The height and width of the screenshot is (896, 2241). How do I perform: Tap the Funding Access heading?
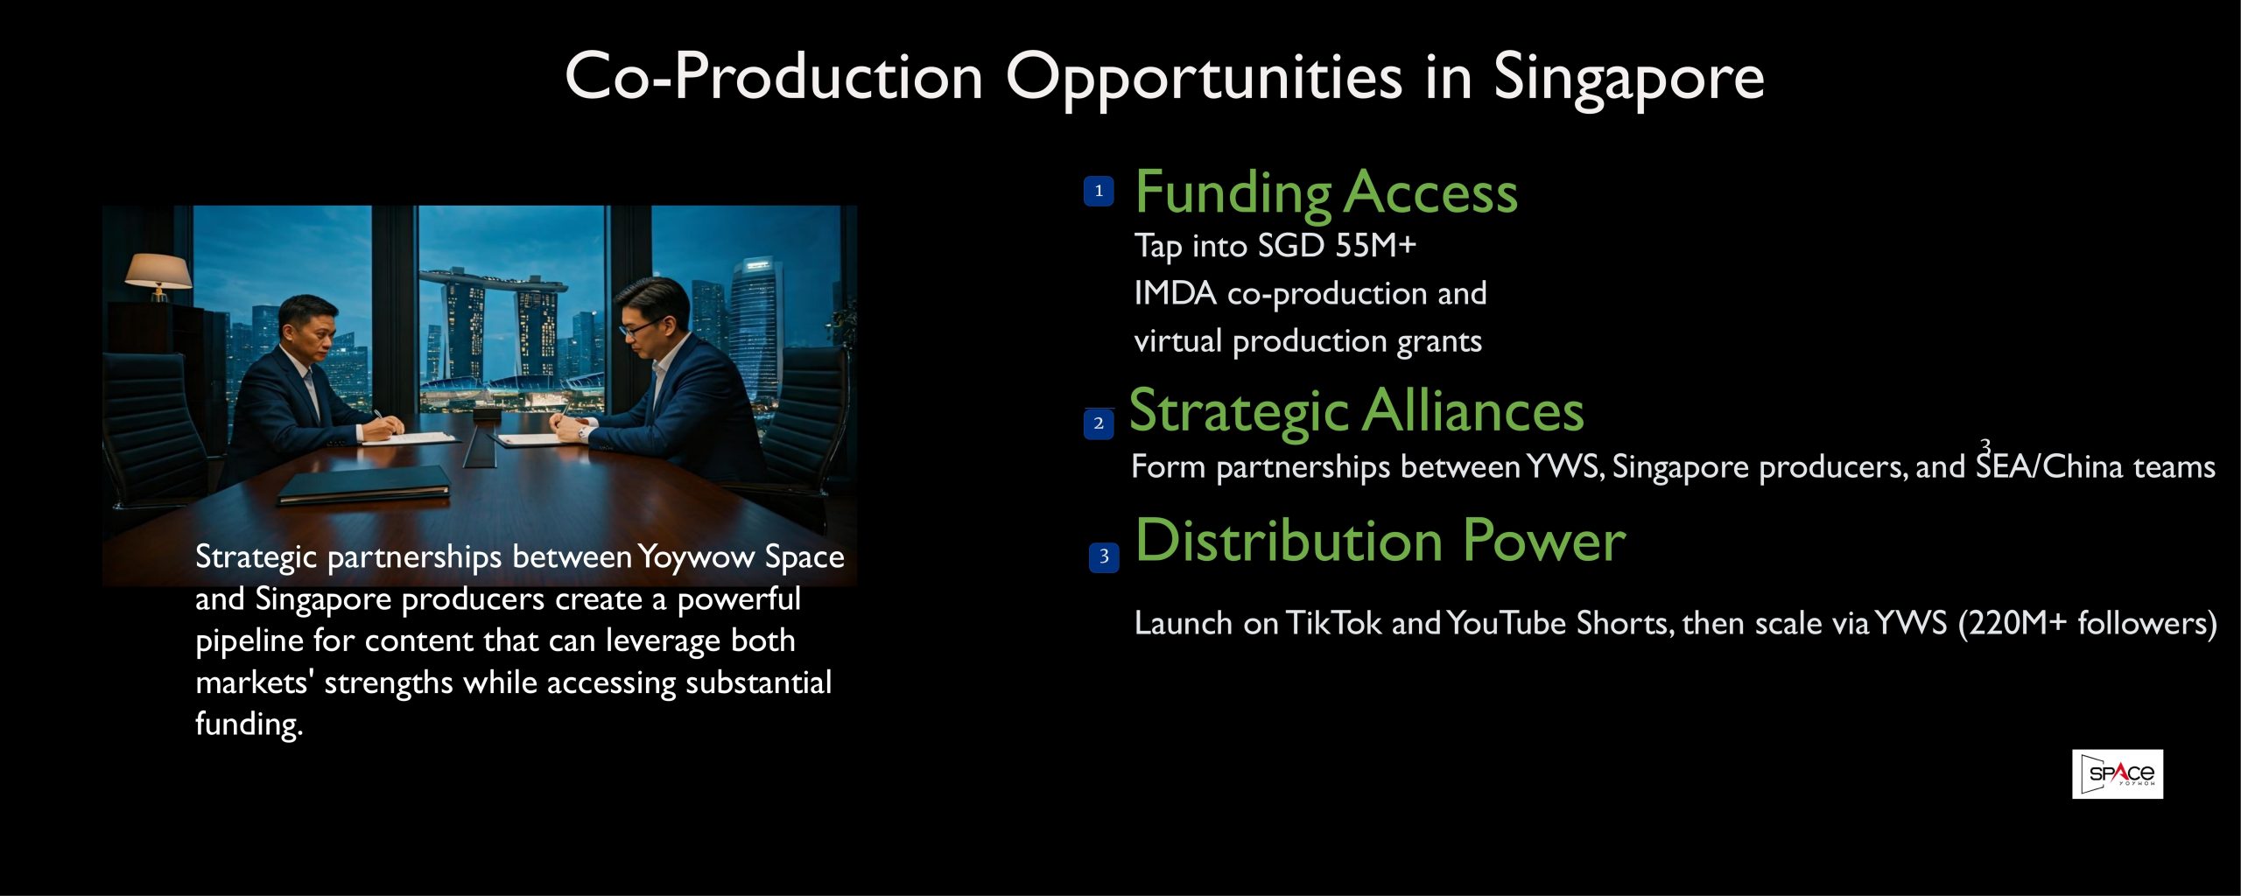[1326, 193]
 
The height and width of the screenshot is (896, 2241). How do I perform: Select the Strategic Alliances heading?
[1357, 412]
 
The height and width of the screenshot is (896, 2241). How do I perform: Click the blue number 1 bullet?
[1099, 191]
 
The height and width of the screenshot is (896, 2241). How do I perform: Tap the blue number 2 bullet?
[1099, 423]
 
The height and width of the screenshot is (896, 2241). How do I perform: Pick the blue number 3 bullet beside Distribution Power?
[1104, 557]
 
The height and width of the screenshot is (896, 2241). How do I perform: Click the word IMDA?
[1175, 294]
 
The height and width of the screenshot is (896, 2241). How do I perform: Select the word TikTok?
[1333, 623]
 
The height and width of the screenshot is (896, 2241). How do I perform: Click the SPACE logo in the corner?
[2118, 773]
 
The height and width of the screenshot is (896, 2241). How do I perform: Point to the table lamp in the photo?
[158, 276]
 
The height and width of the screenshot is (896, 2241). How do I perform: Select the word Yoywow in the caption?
[696, 557]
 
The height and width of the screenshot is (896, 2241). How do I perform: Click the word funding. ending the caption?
[249, 724]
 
